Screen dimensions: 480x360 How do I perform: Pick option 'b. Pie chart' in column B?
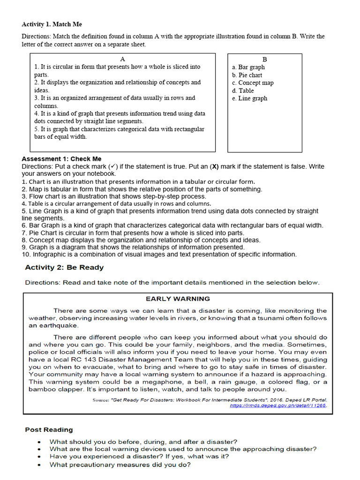(x=247, y=75)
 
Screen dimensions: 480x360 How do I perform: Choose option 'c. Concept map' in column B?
(x=253, y=83)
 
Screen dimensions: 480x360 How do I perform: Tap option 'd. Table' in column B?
(x=243, y=90)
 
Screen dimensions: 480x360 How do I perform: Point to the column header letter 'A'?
(x=122, y=60)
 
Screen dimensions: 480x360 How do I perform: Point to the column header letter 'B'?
(x=264, y=60)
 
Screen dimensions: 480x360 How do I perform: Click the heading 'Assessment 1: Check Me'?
(x=61, y=159)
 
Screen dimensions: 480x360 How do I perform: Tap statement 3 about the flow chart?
(x=114, y=196)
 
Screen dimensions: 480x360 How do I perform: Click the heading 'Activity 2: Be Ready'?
(x=64, y=268)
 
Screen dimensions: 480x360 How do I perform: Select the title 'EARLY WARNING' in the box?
(x=178, y=299)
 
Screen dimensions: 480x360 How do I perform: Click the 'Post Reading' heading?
(x=49, y=429)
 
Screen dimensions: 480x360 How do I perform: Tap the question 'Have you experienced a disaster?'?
(x=139, y=457)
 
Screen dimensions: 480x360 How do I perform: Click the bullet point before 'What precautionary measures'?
(x=39, y=465)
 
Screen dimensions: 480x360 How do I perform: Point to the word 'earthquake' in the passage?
(x=53, y=326)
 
